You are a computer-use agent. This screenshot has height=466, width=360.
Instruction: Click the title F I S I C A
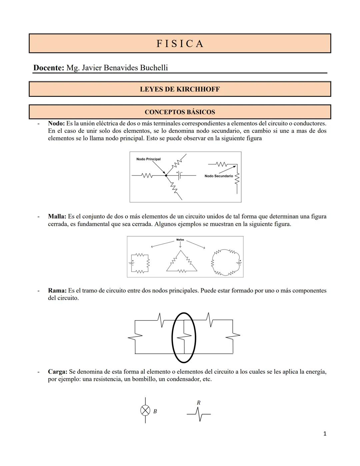point(180,44)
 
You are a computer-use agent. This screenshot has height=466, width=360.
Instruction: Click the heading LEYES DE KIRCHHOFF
point(180,89)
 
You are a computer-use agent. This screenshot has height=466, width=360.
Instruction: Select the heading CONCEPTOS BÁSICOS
point(180,112)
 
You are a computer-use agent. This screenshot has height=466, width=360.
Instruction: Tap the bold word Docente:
point(49,68)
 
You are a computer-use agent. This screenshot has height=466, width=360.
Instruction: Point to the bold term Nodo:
point(56,123)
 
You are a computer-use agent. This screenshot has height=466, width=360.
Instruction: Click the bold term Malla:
point(57,216)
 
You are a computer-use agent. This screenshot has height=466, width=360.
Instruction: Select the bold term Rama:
point(57,291)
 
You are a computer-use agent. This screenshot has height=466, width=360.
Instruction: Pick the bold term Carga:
point(58,372)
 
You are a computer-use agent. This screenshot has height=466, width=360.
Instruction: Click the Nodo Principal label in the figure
point(148,159)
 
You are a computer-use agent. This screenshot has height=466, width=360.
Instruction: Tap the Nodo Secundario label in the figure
point(219,176)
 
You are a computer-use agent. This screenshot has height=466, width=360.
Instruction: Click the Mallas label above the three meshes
point(180,240)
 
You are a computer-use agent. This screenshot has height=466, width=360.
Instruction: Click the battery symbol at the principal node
point(179,175)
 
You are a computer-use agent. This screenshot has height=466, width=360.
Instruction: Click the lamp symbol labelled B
point(145,410)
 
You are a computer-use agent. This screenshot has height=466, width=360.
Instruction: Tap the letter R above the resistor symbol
point(199,403)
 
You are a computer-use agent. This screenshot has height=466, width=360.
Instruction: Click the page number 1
point(325,434)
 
